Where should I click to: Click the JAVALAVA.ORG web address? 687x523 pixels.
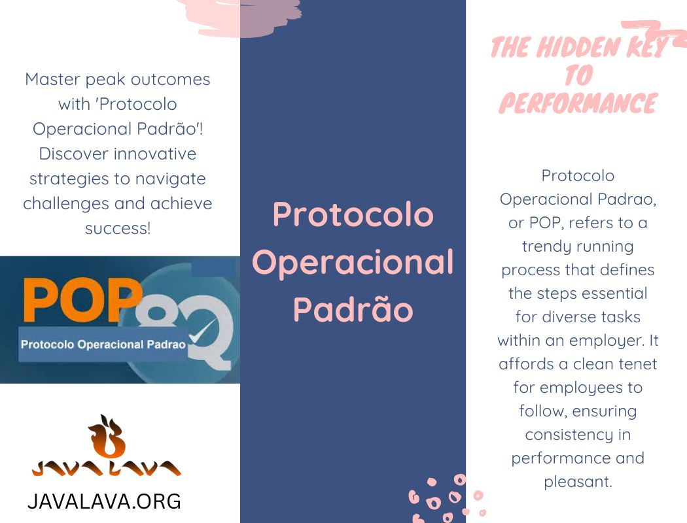[x=104, y=501]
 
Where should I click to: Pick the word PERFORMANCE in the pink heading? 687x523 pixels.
[x=578, y=104]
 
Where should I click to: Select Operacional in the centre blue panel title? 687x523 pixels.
[x=353, y=262]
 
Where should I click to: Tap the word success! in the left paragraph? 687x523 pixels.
[x=118, y=229]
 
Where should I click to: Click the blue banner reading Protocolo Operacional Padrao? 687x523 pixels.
[x=103, y=344]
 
